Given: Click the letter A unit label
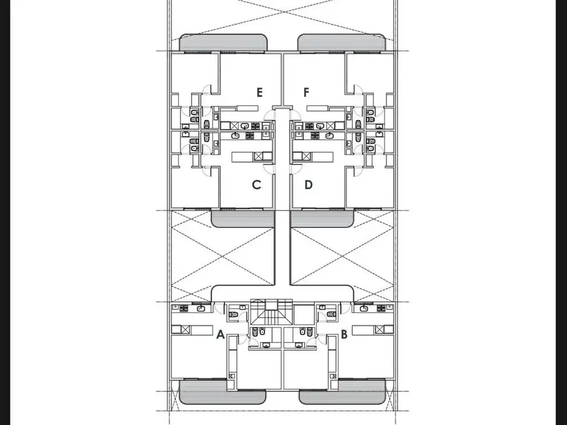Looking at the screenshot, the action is click(220, 335).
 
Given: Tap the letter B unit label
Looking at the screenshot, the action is click(344, 335).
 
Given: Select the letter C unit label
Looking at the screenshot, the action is click(256, 185).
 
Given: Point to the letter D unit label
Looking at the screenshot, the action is click(308, 185).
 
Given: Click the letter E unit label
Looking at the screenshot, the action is click(259, 92).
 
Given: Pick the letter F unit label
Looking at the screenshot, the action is click(306, 92).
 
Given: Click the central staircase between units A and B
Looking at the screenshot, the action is click(271, 312).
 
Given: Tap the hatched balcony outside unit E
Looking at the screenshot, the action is click(224, 42).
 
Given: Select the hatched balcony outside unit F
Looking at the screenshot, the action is click(341, 42).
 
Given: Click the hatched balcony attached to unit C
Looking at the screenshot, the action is click(243, 219).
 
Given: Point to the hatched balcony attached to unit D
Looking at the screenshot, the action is click(322, 219).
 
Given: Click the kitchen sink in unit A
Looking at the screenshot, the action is click(200, 308).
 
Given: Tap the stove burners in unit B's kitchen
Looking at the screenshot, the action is click(381, 308).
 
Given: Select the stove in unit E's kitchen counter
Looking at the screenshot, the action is click(256, 126).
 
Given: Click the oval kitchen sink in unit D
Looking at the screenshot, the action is click(329, 136).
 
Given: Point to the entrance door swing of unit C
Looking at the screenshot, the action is click(269, 169).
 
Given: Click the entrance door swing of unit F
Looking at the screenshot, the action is click(296, 115).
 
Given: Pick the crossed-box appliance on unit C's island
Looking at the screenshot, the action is click(258, 157).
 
